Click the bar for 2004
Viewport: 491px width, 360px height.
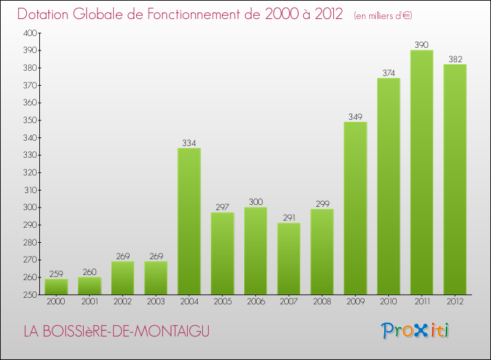click(189, 221)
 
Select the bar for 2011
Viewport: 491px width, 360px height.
click(422, 172)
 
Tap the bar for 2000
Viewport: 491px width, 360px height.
click(56, 287)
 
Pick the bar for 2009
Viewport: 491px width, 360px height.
click(355, 208)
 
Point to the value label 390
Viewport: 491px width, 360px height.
click(422, 45)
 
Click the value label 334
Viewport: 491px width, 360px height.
click(189, 143)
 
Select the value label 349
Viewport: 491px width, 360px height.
click(355, 117)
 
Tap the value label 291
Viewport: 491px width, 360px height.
click(289, 218)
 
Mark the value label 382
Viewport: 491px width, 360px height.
click(455, 59)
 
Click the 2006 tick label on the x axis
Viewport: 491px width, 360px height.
click(255, 302)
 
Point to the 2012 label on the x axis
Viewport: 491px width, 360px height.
click(455, 302)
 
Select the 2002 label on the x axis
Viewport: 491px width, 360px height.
click(122, 302)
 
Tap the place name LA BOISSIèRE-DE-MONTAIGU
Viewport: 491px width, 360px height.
click(117, 332)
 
